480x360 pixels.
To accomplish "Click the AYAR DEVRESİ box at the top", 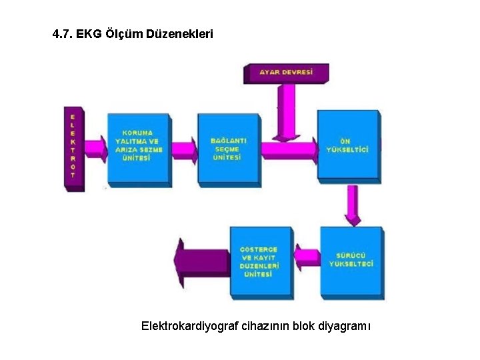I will click(x=285, y=72).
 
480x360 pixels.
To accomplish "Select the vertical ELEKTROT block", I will click(x=73, y=147).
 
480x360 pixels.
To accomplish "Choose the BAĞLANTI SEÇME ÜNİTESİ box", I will click(x=228, y=149).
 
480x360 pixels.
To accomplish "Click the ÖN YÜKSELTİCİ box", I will click(x=347, y=145).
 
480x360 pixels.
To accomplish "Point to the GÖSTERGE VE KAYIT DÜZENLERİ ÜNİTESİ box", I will click(x=260, y=261).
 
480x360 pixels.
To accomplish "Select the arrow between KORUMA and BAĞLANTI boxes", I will click(x=184, y=151).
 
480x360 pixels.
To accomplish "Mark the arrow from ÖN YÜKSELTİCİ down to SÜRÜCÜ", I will click(x=353, y=204).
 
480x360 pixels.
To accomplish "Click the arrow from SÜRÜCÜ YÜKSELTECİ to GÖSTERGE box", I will click(x=307, y=257).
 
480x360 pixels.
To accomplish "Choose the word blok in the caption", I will click(x=302, y=327).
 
